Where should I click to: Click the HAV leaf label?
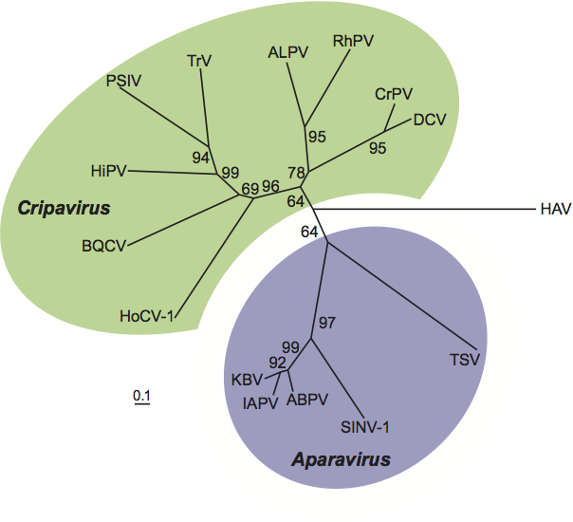coord(555,209)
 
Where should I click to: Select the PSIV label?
coord(123,82)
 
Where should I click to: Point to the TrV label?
coord(198,61)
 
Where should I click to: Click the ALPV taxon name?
coord(287,54)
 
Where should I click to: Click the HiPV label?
coord(108,171)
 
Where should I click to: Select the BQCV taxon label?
coord(102,247)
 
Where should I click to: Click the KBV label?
coord(247,380)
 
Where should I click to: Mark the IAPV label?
coord(259,402)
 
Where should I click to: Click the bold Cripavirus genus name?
coord(64,207)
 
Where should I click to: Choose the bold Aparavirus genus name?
coord(341,460)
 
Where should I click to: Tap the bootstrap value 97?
coord(327,324)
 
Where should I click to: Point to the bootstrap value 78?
coord(297,172)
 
